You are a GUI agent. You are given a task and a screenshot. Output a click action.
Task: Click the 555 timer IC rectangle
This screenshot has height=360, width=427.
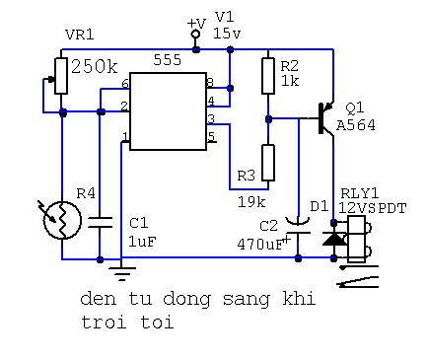click(169, 111)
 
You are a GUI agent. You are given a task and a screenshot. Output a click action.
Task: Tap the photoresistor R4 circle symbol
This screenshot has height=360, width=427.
click(62, 220)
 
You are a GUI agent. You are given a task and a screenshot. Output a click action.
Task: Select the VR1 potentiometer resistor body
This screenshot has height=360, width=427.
click(61, 76)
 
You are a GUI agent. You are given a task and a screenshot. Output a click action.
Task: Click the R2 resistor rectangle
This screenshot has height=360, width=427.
click(268, 76)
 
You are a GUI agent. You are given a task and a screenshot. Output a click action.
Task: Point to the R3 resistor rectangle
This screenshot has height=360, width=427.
click(268, 163)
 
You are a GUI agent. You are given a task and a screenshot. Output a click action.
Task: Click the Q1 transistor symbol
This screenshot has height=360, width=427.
click(325, 119)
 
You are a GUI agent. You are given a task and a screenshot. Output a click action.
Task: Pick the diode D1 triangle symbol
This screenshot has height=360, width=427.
click(333, 239)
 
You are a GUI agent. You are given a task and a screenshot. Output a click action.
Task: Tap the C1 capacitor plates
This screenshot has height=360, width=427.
click(100, 222)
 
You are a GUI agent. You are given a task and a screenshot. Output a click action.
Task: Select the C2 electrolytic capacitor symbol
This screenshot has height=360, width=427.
click(298, 227)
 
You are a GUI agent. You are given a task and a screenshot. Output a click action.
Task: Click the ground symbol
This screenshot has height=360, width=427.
click(122, 273)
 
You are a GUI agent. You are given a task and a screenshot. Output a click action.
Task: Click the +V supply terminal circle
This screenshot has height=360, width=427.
click(195, 34)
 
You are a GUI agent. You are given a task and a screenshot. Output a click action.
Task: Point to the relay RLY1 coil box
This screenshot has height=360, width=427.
click(356, 239)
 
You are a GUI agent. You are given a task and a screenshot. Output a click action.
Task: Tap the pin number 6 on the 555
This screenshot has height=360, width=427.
click(125, 84)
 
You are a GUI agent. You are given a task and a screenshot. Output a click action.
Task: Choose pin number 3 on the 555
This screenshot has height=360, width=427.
click(211, 118)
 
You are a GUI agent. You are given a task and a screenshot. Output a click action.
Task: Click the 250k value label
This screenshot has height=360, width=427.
click(95, 67)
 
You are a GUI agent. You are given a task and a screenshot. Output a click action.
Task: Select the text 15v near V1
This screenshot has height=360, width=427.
click(227, 34)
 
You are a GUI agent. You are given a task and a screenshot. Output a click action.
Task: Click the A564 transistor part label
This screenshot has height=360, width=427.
click(356, 125)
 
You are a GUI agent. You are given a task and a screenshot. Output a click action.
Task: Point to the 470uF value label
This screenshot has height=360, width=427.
click(260, 245)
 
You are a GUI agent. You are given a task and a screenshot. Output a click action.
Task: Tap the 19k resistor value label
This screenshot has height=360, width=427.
click(251, 202)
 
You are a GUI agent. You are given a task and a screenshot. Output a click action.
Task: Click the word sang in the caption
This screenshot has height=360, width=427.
click(247, 300)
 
